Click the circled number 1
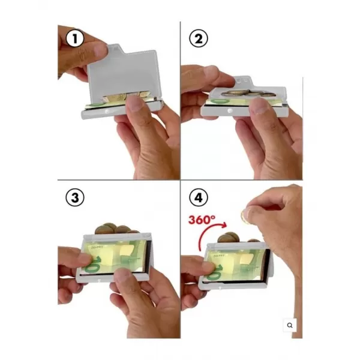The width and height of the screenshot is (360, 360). point(75,38)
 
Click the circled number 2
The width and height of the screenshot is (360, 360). point(199,38)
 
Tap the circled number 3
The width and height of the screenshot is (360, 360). point(75,197)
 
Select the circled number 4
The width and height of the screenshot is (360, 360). point(199,197)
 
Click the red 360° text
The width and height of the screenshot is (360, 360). point(202,220)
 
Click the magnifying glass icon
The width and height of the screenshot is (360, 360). point(290,325)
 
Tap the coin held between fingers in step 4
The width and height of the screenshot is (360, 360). point(245,216)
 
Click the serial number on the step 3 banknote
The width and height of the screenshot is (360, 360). point(97,247)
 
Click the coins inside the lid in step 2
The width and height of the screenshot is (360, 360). point(247,93)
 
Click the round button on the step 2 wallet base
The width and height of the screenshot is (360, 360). point(230,111)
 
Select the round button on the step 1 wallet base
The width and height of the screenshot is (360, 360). point(107,112)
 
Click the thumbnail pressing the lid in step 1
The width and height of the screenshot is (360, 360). point(100,50)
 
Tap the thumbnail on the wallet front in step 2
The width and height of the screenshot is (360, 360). point(259,106)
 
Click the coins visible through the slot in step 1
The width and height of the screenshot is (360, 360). point(125,97)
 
